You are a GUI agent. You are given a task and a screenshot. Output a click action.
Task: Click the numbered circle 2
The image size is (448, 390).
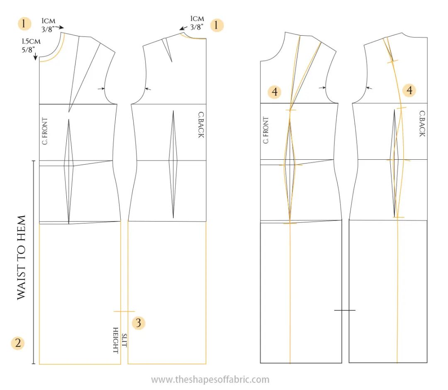tap(17, 343)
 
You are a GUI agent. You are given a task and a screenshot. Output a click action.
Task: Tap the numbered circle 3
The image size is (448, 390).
tap(139, 322)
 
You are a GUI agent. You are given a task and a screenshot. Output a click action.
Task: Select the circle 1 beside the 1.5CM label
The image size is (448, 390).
tap(24, 24)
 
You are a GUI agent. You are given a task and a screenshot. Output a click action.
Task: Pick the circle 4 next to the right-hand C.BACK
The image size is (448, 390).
tap(409, 90)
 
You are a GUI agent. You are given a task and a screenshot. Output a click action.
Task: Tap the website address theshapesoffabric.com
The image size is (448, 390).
tap(210, 379)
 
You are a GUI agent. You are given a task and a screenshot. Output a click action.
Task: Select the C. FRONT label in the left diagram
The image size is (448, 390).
tap(45, 131)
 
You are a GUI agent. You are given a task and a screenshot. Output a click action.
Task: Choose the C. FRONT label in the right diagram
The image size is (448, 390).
tap(265, 130)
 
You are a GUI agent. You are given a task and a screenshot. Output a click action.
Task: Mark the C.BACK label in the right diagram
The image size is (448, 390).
tap(422, 124)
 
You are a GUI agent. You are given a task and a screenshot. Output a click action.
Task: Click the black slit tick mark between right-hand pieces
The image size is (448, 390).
tap(345, 310)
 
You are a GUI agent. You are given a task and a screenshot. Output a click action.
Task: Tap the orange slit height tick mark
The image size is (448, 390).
tap(124, 311)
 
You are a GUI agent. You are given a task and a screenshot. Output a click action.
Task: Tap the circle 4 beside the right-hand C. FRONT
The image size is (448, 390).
tap(275, 92)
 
